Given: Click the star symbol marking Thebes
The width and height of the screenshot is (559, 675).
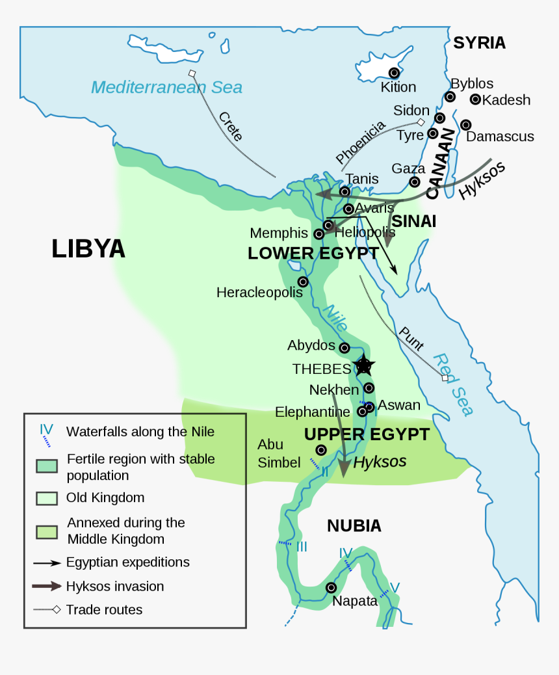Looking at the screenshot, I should [363, 365].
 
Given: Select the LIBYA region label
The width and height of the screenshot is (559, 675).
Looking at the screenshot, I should [88, 249].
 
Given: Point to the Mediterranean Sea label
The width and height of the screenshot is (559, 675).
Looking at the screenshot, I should [166, 87].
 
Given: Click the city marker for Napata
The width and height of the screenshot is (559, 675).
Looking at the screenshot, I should [331, 587].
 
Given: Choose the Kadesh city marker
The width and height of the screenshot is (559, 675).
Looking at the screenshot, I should [475, 99].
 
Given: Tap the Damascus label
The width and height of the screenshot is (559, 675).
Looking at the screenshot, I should [500, 137].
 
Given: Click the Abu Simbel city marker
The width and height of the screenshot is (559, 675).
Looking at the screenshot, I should [320, 450].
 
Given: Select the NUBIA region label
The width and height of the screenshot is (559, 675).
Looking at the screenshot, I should [354, 526].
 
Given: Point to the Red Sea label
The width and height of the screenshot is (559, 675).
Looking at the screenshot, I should [452, 384].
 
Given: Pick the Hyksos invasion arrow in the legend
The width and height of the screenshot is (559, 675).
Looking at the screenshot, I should [47, 586].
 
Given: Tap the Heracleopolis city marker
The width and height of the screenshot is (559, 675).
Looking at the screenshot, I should [303, 282].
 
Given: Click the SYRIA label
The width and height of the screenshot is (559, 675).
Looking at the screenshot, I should [479, 43].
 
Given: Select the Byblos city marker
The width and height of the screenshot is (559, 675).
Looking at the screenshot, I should [450, 97].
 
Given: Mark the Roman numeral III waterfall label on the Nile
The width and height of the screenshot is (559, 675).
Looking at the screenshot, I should [302, 547].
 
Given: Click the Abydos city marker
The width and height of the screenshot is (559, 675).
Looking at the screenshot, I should [344, 348].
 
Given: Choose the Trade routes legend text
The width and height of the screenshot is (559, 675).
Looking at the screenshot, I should [104, 609].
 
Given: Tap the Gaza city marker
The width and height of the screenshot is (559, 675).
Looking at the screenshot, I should [414, 181].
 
